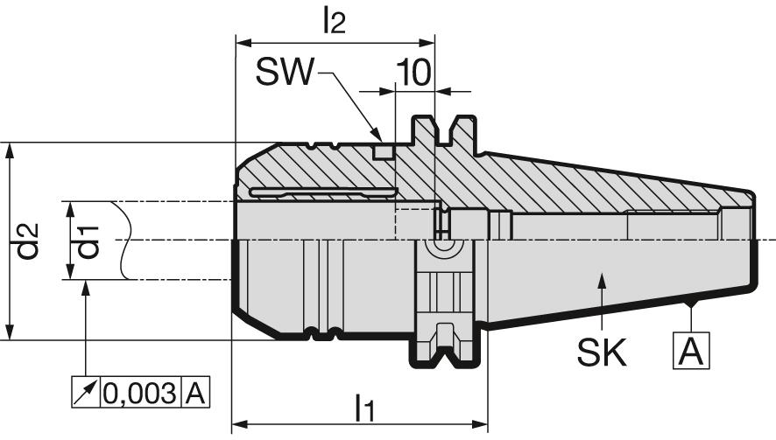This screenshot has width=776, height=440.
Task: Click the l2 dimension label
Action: [334, 22]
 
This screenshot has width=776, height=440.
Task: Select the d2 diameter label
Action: [27, 241]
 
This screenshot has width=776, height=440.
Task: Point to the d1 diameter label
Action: [88, 241]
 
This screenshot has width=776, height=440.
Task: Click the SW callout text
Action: [285, 72]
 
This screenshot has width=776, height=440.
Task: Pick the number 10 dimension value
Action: [413, 73]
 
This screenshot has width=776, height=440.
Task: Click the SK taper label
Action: [602, 352]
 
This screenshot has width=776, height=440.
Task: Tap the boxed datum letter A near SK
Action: [691, 351]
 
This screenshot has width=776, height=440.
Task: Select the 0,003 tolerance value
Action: [139, 394]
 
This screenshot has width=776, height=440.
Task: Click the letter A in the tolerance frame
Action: [195, 394]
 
